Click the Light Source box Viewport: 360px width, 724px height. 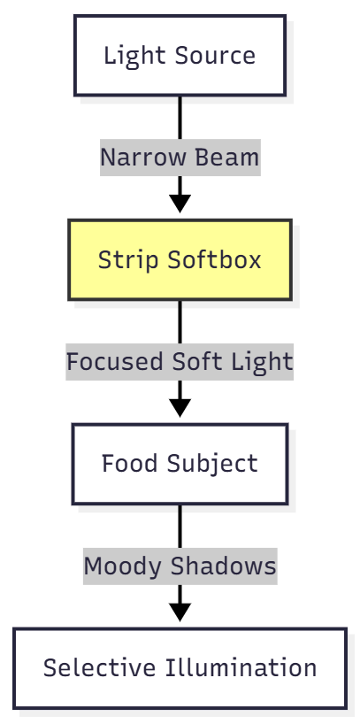tap(180, 55)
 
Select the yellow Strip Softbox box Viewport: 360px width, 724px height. tap(180, 260)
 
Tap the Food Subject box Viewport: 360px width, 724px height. tap(180, 464)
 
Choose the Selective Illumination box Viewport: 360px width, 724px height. tap(180, 668)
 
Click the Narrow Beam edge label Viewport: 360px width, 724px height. tap(180, 158)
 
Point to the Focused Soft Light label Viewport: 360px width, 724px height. tap(180, 362)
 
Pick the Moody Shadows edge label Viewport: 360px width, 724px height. tap(180, 566)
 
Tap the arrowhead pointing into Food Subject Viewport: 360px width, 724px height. tap(180, 407)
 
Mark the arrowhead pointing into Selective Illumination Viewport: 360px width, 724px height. tap(180, 612)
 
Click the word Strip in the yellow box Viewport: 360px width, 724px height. tap(123, 260)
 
